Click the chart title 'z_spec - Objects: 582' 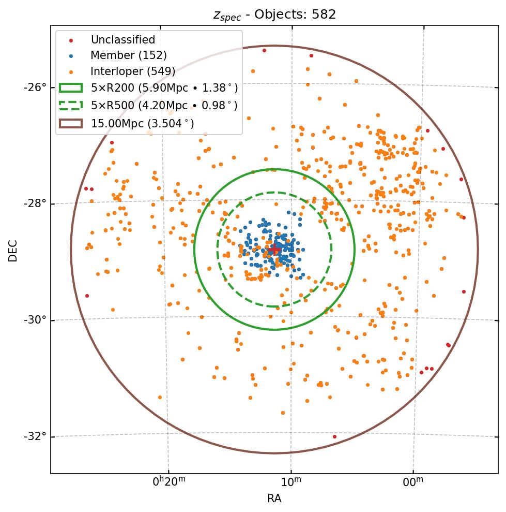(274, 14)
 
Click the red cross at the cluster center (273, 250)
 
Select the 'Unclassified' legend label (122, 40)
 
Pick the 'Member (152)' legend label (128, 55)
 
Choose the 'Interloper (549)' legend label (133, 71)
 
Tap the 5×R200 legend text (164, 89)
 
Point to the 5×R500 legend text (164, 106)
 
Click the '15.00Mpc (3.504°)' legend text (142, 123)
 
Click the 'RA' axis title (274, 499)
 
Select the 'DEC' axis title (13, 251)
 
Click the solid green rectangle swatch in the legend (70, 89)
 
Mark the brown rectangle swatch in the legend (70, 123)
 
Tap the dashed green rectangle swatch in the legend (70, 106)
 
